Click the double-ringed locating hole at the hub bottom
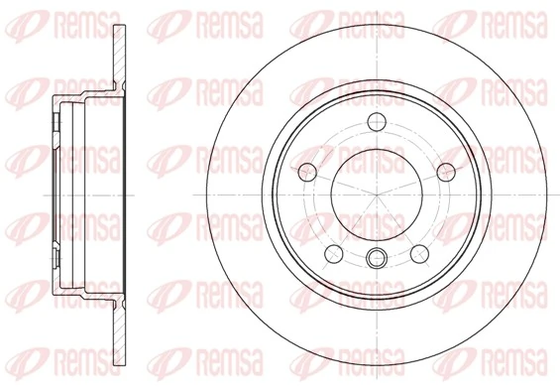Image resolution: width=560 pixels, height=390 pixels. (x=377, y=260)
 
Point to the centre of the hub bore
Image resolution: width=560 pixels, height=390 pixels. (x=377, y=195)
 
